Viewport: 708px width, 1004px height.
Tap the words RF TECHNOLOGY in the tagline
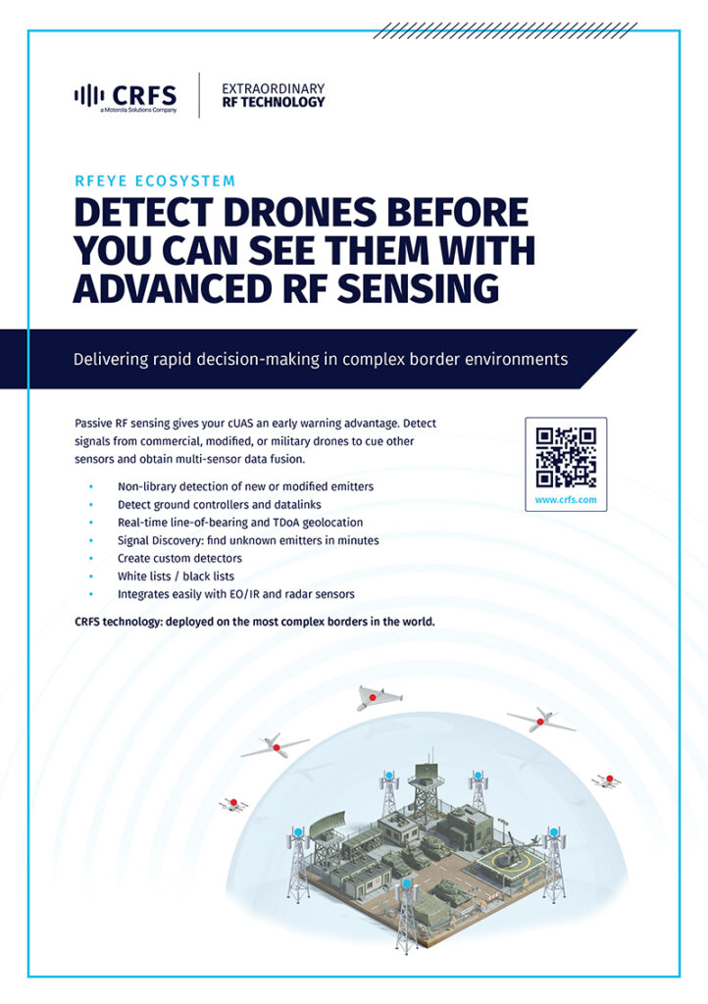tap(274, 102)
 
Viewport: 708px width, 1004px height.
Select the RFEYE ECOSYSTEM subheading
tap(155, 181)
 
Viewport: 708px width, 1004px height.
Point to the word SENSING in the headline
tap(418, 288)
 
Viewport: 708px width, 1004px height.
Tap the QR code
tap(566, 457)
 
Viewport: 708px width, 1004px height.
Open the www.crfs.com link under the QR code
tap(566, 499)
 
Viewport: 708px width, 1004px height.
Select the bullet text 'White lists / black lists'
tap(177, 577)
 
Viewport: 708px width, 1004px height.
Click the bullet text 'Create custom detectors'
tap(179, 558)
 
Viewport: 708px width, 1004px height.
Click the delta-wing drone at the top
tap(378, 698)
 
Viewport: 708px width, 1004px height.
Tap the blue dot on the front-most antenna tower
tap(407, 884)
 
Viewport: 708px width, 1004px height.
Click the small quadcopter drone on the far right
tap(607, 779)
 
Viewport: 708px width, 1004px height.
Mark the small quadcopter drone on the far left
tap(233, 804)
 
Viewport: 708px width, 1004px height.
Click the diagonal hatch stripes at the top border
tap(505, 30)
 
